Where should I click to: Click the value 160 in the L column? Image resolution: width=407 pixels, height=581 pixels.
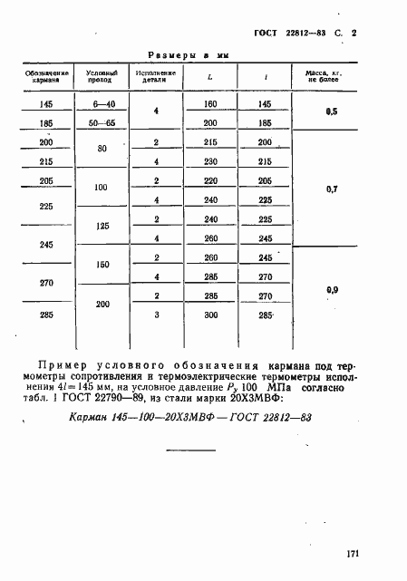(210, 105)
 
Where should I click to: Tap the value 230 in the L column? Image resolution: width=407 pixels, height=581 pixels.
(210, 162)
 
